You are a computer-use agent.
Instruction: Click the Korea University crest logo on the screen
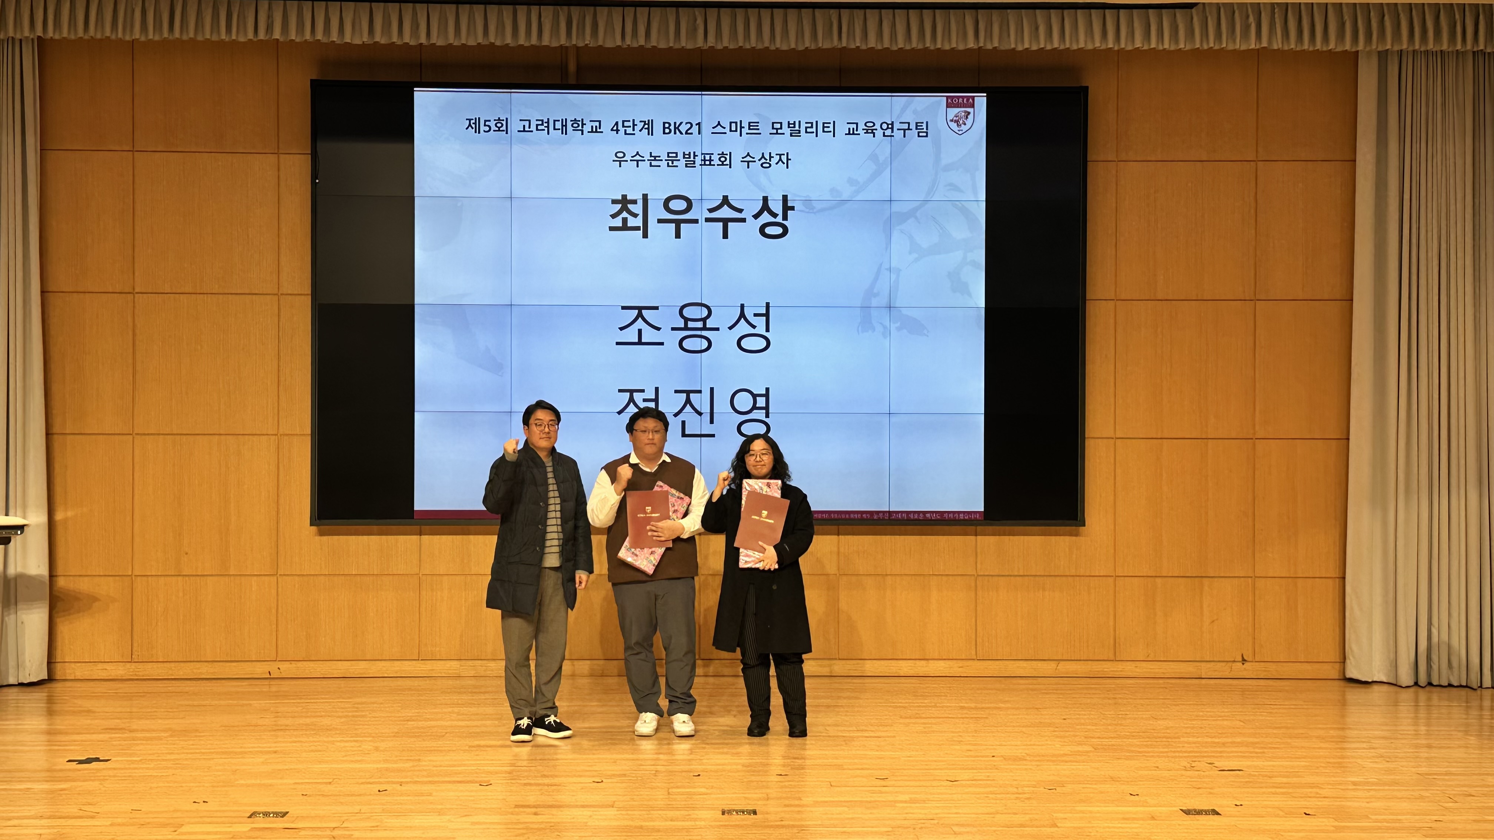click(960, 115)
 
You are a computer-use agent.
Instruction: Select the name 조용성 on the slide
click(694, 328)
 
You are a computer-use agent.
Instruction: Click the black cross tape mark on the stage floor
click(88, 760)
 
